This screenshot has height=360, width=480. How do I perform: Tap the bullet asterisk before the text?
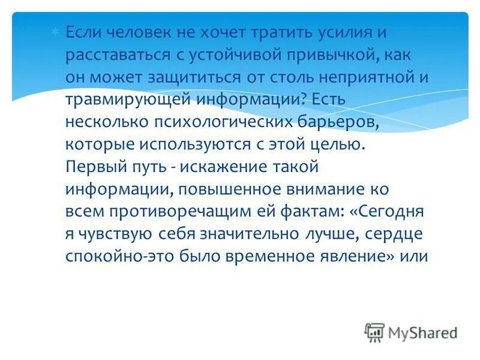pos(55,31)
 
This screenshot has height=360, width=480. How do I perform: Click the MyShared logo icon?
pos(374,332)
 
